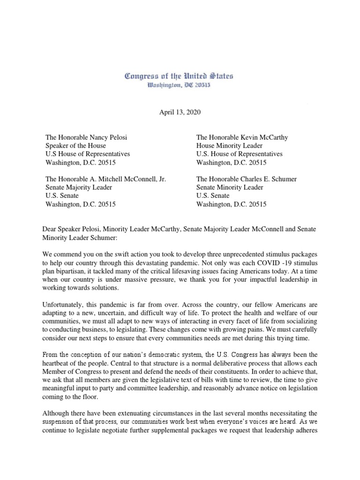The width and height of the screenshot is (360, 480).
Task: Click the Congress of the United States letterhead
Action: point(179,76)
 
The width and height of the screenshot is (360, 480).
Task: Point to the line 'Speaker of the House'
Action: point(75,146)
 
